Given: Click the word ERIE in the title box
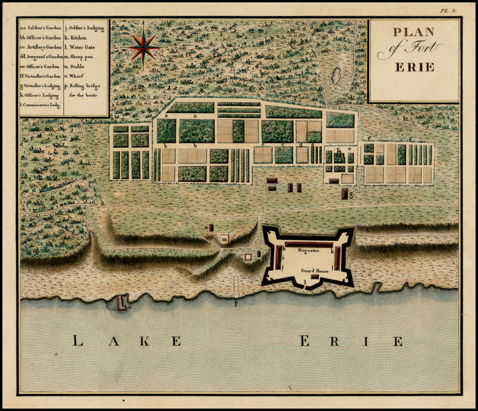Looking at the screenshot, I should (x=415, y=67).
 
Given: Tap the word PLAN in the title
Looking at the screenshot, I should (x=413, y=32).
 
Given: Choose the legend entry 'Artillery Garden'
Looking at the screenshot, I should (x=41, y=47).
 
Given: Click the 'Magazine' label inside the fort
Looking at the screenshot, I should (x=308, y=251).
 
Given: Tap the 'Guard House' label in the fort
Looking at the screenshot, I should (x=315, y=271).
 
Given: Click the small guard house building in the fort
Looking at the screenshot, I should (x=315, y=277).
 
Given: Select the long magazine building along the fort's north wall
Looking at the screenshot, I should (x=309, y=245).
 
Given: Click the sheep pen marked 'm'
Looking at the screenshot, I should (x=225, y=239).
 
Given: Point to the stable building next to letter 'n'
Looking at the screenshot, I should (x=211, y=228).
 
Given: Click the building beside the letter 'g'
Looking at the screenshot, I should (x=344, y=194).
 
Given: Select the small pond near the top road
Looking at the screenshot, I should (x=336, y=76).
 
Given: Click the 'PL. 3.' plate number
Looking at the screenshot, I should (x=448, y=10).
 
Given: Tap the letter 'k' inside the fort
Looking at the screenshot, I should (x=332, y=251).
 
